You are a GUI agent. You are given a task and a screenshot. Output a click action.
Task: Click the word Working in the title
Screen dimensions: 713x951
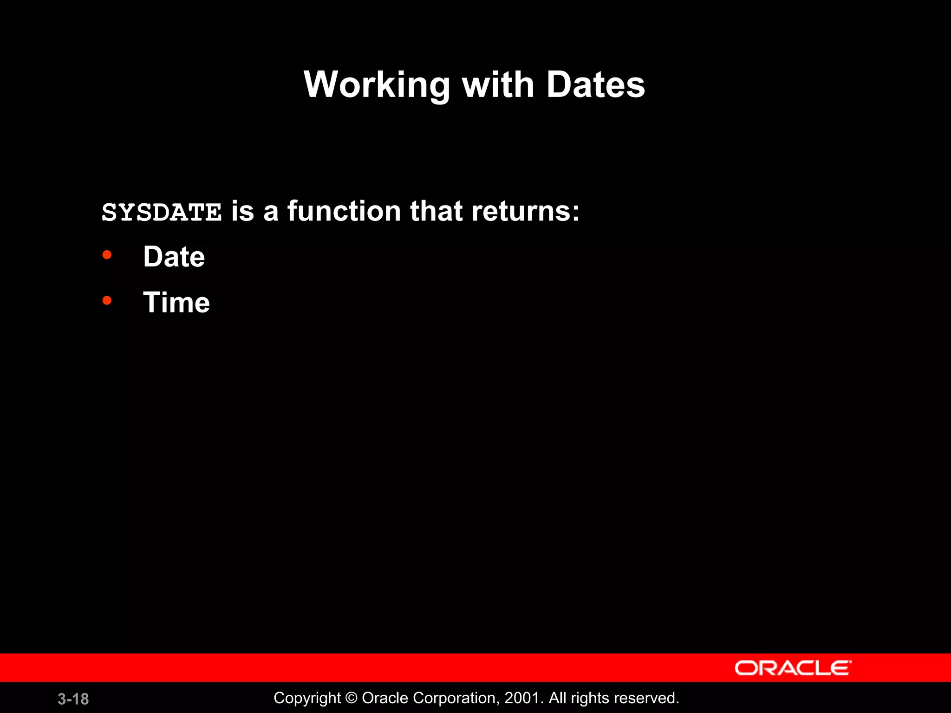[377, 85]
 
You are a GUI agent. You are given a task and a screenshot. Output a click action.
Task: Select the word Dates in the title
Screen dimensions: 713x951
[595, 85]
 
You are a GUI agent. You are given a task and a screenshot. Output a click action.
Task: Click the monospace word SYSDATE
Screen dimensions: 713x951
[162, 213]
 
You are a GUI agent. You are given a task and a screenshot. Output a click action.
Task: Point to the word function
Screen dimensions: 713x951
[344, 211]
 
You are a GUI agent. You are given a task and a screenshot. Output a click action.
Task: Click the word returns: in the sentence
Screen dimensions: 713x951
[525, 211]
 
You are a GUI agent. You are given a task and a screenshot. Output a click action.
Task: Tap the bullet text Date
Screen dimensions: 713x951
[174, 257]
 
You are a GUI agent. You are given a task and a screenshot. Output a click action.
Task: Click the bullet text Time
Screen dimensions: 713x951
[176, 303]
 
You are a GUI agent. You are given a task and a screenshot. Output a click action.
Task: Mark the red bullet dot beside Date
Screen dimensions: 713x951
[107, 255]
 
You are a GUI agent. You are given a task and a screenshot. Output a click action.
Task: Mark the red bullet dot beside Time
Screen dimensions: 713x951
[107, 301]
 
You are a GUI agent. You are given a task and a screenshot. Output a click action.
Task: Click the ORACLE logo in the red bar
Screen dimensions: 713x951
[793, 668]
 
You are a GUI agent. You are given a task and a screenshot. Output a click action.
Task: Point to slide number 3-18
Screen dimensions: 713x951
[73, 699]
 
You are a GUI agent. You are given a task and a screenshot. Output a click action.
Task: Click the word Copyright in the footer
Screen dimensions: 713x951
[307, 698]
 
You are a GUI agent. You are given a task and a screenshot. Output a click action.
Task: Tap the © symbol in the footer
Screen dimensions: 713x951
[352, 698]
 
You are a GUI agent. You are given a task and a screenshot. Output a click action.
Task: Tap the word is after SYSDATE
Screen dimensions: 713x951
[243, 211]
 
